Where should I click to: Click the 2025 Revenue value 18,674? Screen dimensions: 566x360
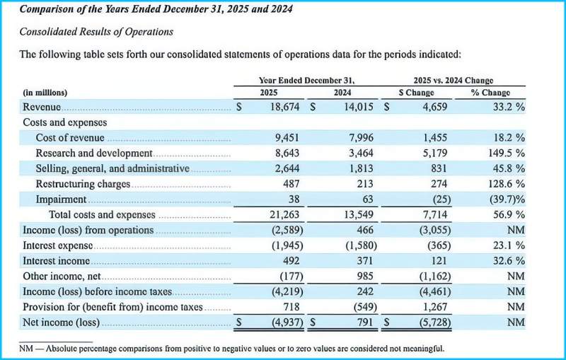point(285,107)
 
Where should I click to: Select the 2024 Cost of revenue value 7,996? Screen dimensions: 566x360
point(361,138)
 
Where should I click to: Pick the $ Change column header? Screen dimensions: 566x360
point(416,93)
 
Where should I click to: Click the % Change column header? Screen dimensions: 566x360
point(490,93)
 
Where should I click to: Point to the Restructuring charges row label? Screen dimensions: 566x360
point(83,184)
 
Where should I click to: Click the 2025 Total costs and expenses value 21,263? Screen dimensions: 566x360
point(284,215)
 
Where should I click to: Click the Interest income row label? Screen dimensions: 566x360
point(57,261)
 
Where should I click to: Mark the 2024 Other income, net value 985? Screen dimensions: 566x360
point(364,277)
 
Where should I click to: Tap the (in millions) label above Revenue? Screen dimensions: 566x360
point(45,93)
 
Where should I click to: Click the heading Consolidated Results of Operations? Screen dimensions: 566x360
point(96,32)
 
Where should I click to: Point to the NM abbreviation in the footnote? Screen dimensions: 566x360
point(26,349)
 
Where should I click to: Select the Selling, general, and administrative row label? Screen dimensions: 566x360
point(112,169)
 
